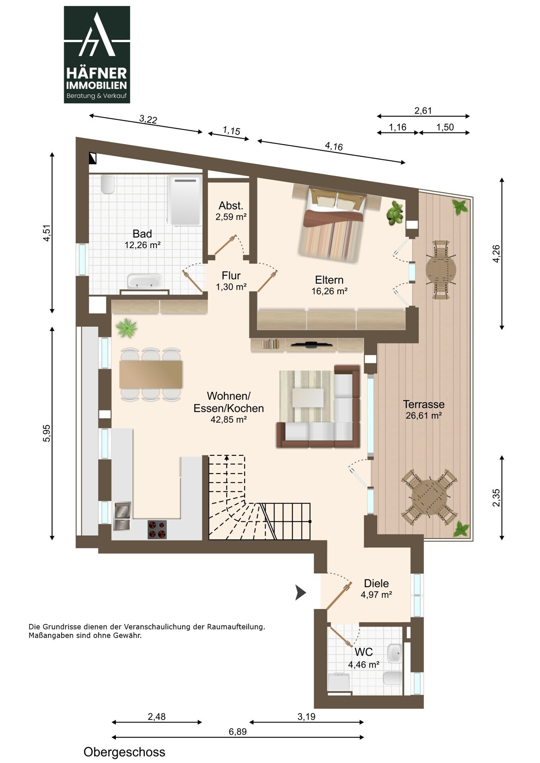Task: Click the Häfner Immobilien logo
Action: click(97, 54)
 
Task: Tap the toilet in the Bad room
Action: click(107, 184)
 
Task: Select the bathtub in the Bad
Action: click(144, 281)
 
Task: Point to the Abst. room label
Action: click(231, 206)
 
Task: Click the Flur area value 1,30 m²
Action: click(231, 287)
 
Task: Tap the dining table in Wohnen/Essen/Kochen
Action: click(151, 374)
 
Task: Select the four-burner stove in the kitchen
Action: click(157, 529)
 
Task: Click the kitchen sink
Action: click(122, 516)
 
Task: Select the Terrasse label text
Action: click(424, 405)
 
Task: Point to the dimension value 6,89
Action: click(238, 732)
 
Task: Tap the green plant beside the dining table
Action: click(127, 328)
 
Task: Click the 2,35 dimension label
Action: click(496, 498)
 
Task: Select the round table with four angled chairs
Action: click(429, 498)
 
